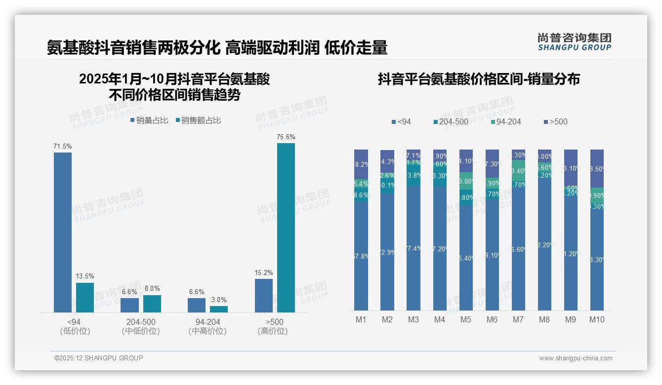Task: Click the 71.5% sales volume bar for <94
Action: click(63, 232)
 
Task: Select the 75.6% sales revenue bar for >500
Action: click(286, 228)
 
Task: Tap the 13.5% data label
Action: click(85, 276)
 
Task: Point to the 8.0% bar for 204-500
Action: click(152, 304)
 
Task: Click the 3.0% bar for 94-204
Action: click(219, 309)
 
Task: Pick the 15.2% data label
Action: click(264, 272)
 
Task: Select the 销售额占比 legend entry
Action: click(198, 120)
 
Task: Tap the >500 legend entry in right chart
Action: click(555, 122)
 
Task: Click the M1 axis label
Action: click(361, 319)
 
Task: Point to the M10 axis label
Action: click(597, 319)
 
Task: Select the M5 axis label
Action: click(466, 319)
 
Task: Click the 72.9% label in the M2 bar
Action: click(387, 252)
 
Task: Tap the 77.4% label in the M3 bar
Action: click(414, 248)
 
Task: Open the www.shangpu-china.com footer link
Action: click(576, 358)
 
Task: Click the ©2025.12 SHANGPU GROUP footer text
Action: click(99, 358)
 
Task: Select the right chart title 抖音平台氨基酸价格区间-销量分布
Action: click(479, 79)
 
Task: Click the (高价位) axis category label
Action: click(273, 331)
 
